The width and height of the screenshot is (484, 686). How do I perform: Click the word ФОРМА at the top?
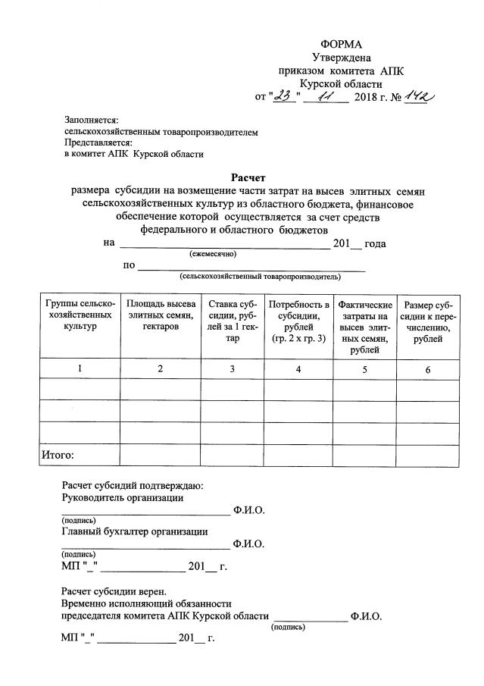[x=341, y=44]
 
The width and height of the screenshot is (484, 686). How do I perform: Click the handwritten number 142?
[x=416, y=96]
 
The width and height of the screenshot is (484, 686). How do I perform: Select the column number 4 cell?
[x=298, y=369]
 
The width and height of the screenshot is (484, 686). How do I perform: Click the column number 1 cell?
[x=80, y=369]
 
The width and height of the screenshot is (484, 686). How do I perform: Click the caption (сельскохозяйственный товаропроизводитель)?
[x=260, y=277]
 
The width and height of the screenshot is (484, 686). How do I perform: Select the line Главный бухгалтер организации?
[x=134, y=531]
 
